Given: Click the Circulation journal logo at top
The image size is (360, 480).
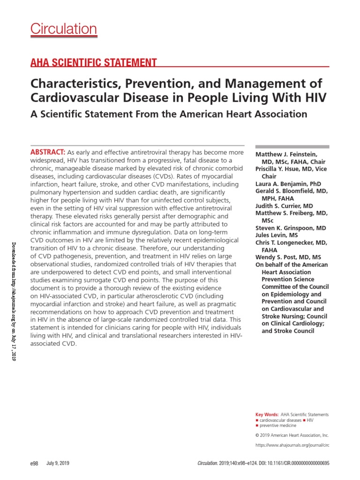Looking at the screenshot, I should click(x=64, y=29).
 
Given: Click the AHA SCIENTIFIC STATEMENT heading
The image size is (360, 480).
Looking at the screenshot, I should click(x=93, y=62).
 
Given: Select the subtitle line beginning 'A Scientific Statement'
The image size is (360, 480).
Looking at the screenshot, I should click(x=169, y=114).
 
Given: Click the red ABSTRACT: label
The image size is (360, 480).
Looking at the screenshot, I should click(x=48, y=153).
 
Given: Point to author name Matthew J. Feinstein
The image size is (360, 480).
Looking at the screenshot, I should click(x=285, y=154).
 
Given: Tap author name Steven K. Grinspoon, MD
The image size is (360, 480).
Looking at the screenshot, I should click(x=290, y=228).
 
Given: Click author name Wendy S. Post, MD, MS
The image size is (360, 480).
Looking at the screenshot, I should click(x=288, y=257).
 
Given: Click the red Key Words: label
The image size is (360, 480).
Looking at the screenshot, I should click(x=266, y=415).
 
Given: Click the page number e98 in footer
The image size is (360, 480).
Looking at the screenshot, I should click(x=34, y=463).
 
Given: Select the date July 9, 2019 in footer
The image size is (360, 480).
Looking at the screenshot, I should click(x=58, y=463).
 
